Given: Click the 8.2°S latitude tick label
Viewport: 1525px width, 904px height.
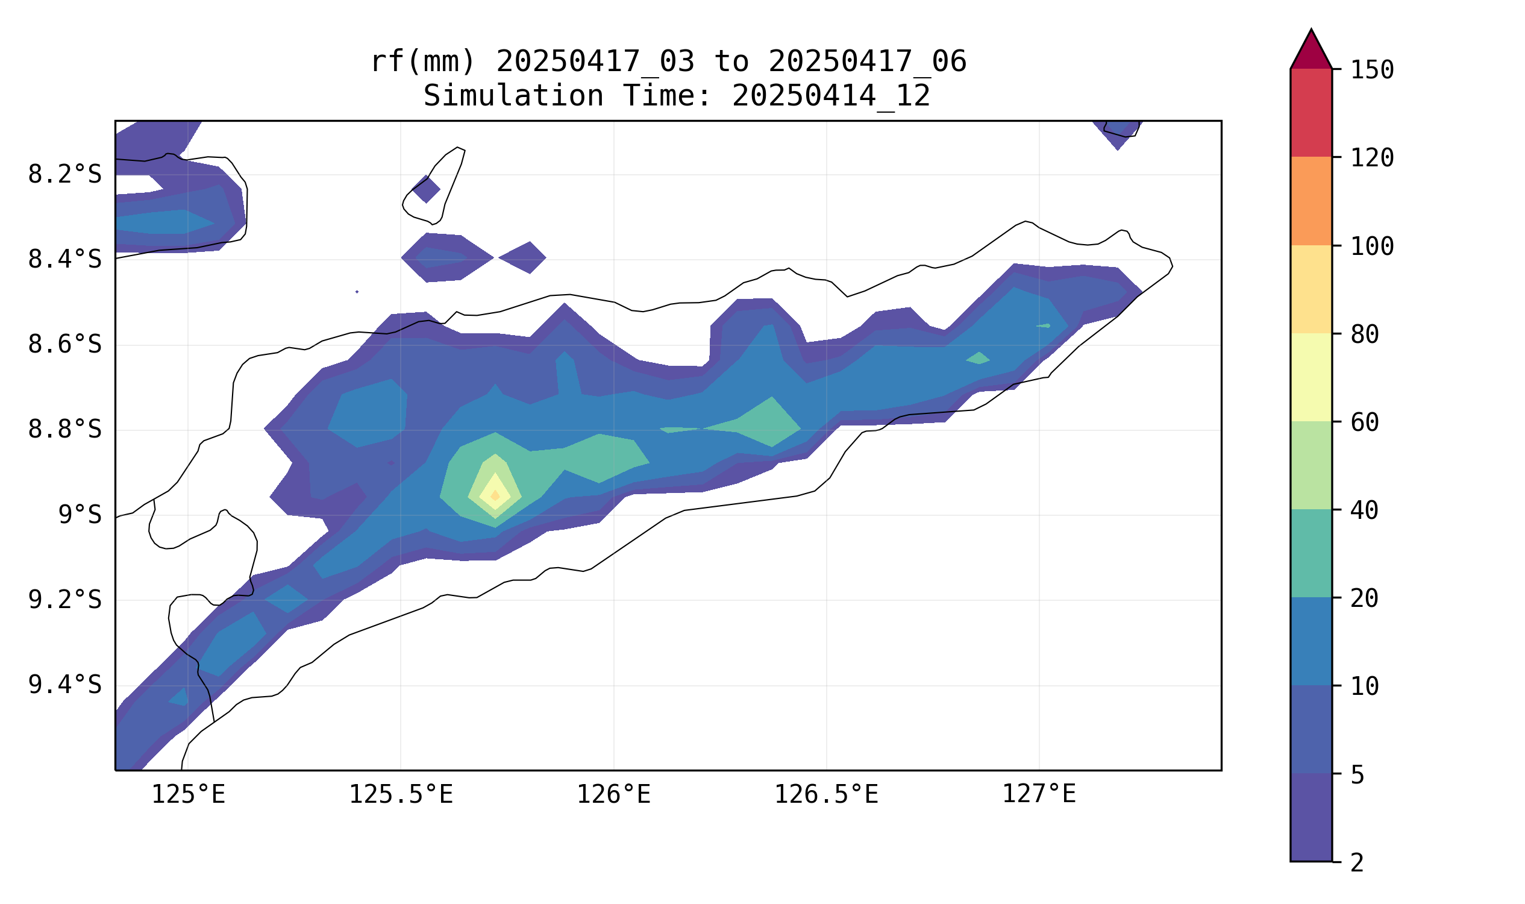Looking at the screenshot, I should [64, 175].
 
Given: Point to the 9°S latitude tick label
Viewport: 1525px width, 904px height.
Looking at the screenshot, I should [80, 515].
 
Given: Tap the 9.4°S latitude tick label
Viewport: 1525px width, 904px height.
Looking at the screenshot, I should [64, 685].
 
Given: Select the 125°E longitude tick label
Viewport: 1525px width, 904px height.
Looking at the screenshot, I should [188, 794].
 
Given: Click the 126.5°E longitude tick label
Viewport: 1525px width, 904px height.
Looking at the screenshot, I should [826, 794].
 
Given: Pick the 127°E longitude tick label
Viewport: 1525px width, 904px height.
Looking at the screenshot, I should [1039, 794].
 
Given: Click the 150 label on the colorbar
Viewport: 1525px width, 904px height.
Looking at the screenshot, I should [1372, 70].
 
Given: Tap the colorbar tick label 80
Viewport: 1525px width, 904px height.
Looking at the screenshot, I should [1365, 334].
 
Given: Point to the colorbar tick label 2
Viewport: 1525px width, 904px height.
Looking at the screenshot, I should [1357, 862].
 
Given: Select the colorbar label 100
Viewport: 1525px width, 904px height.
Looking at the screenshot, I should [1372, 246].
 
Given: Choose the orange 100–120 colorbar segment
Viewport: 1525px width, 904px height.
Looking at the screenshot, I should [1311, 201].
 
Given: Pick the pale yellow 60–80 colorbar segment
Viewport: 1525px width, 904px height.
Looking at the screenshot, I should [1311, 377].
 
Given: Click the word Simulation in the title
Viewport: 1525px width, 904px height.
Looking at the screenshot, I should [513, 96].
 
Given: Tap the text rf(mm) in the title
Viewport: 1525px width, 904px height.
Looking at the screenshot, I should [422, 61].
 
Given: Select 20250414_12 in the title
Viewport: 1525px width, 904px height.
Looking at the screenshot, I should [831, 96].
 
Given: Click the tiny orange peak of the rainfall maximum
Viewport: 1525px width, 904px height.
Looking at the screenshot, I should [495, 495].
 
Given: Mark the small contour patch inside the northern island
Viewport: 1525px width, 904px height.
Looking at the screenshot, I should [427, 189].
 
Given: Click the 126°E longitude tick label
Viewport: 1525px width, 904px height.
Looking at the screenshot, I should [613, 794].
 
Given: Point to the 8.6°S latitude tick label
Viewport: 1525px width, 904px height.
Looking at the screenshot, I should [64, 345].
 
